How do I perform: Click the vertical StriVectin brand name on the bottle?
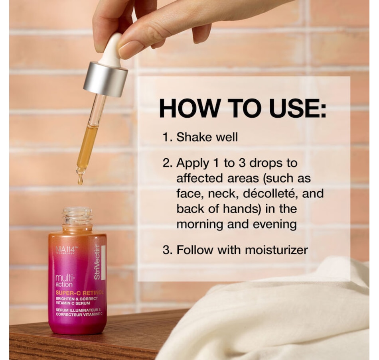click(97, 262)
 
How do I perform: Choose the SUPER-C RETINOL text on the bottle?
click(79, 293)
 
